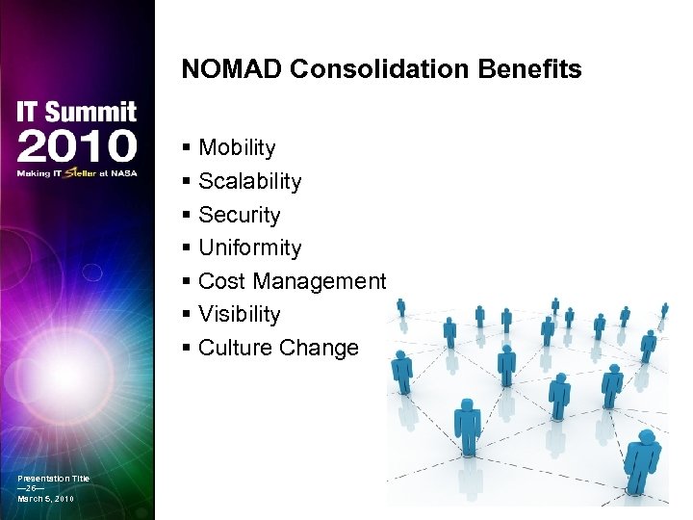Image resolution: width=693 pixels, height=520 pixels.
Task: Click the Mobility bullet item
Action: point(237,148)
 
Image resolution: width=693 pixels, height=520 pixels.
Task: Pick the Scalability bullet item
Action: point(249,182)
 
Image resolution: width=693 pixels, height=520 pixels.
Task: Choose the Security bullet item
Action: point(239,215)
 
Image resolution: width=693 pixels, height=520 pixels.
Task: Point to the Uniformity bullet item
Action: point(249,248)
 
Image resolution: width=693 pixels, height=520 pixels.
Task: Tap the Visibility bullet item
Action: point(239,315)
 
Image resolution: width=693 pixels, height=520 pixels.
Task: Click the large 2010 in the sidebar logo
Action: point(77,146)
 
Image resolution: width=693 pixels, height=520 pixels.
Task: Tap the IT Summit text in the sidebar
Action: point(77,113)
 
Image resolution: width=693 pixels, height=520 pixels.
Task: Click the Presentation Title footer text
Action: point(53,479)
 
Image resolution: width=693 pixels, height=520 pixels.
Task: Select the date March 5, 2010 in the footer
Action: point(45,499)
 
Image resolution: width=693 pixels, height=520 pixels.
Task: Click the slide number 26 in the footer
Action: point(31,489)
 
